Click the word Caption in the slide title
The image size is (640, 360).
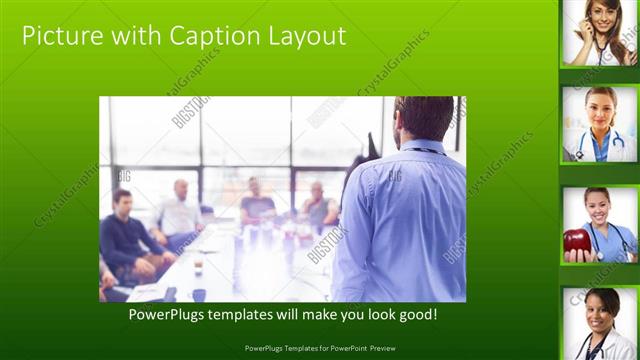point(213,37)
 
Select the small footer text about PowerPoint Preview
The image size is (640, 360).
point(319,348)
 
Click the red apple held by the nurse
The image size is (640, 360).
point(577,242)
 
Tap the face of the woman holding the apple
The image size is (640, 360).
point(597,205)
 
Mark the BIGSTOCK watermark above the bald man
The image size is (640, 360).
point(190,111)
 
